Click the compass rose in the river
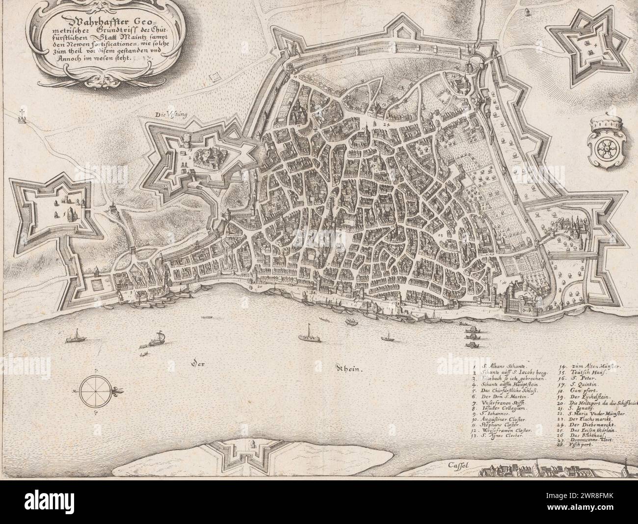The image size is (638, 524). pos(92,391)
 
